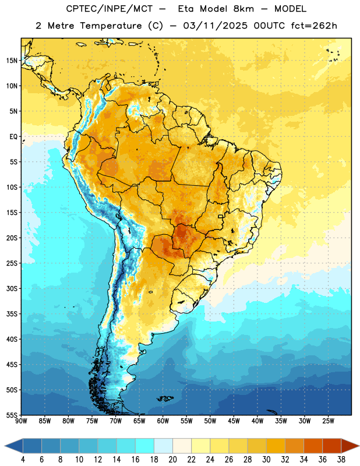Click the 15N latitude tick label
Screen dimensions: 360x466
pos(12,61)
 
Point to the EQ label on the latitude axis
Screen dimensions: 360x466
pos(13,137)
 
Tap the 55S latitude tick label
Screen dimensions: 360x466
pos(12,415)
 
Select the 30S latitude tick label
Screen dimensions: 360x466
pos(12,288)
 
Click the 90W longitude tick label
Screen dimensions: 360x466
pos(21,421)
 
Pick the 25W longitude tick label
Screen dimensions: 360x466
pos(328,421)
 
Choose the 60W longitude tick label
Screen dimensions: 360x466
pos(163,421)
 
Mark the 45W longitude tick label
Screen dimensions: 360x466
pos(234,421)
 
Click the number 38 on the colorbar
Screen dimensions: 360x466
pos(341,460)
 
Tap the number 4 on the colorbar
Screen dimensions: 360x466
pos(23,460)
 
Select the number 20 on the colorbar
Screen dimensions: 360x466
pos(172,460)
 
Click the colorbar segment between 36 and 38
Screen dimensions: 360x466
pos(332,446)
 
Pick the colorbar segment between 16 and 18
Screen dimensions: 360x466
pos(144,446)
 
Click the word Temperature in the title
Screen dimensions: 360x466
pos(111,26)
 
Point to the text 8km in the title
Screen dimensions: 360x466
pos(243,9)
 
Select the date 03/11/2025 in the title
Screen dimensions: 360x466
pos(215,26)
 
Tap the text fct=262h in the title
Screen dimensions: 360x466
pos(314,26)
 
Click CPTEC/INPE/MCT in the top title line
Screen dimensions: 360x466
pos(109,9)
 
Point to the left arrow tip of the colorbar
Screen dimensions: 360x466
pos(5,446)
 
